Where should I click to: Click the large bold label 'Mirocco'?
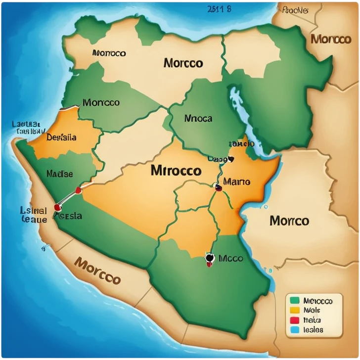click(176, 171)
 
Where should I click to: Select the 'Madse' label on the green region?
click(59, 174)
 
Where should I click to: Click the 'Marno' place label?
click(237, 182)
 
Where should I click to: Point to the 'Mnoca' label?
click(198, 119)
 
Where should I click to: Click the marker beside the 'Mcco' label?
click(209, 259)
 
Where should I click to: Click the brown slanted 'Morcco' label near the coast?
click(97, 270)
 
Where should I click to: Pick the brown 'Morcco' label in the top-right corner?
click(331, 39)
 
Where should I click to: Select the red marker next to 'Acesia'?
click(57, 207)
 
